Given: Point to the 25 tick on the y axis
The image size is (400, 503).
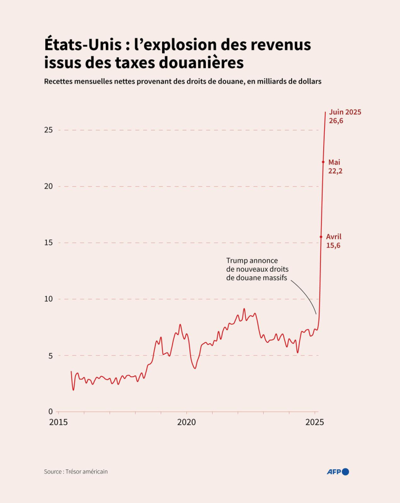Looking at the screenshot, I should pos(48,130).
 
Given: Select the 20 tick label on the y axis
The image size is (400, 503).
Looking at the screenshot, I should pos(48,186).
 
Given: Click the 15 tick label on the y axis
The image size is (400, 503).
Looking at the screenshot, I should pos(48,243).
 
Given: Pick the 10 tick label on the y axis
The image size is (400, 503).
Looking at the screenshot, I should pos(48,299).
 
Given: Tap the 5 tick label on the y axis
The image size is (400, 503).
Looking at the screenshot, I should pos(51,356).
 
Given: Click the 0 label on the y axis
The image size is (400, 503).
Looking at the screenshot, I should pos(51,412).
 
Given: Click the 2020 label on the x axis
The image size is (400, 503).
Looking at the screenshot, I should pos(186,423).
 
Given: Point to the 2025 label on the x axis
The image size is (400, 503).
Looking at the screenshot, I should pos(315,423).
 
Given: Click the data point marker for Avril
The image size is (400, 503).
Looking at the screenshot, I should pos(321,237).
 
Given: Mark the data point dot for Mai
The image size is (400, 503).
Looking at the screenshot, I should pos(323,162).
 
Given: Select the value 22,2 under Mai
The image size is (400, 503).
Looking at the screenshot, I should pos(335,171).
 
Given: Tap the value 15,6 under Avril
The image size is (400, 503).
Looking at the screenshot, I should pos(333,245).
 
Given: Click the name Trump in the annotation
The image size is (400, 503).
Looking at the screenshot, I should pos(237,261).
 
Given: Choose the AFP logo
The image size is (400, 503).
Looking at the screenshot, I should pos(338,471).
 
